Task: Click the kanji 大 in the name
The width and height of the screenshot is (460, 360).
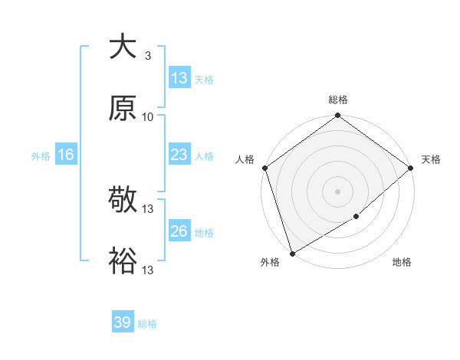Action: (123, 47)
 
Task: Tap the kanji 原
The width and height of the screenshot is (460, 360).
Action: (123, 109)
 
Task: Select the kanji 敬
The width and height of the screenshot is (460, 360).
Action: (123, 201)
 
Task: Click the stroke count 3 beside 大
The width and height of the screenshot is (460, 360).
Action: (147, 56)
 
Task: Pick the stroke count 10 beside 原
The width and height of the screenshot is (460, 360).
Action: (148, 117)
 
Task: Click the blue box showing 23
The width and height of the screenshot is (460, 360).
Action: (179, 155)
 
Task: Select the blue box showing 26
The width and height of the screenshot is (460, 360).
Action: (179, 231)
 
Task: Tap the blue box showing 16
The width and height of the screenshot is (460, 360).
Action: (66, 155)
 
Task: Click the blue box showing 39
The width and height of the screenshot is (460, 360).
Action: (122, 322)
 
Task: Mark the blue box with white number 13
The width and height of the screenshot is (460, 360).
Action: (179, 78)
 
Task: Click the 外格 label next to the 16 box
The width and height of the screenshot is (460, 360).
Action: (41, 155)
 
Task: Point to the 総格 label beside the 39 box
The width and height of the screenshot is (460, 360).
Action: (147, 324)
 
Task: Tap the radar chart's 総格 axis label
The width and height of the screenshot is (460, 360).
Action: (338, 100)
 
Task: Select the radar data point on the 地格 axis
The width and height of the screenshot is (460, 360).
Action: (356, 217)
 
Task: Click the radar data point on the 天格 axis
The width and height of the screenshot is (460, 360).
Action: (411, 168)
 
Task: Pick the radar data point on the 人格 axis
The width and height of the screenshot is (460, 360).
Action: (264, 168)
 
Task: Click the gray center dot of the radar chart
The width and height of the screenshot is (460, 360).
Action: (338, 191)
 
